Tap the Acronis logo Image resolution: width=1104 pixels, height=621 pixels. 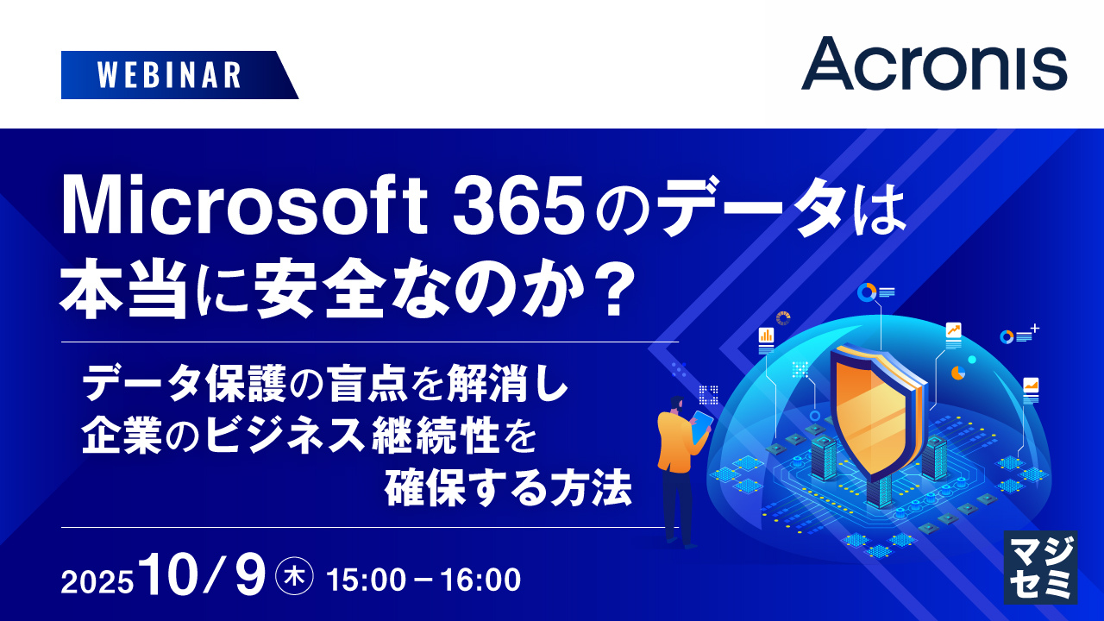point(933,63)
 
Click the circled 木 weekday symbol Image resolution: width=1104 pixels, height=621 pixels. point(294,577)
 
